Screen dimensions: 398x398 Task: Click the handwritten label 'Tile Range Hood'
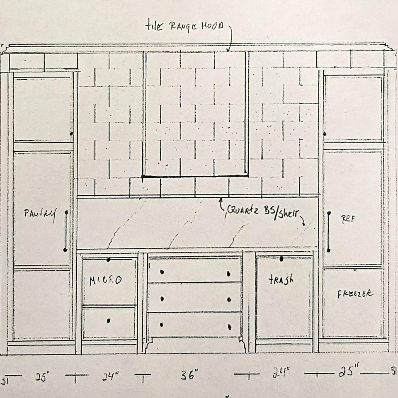coord(184,26)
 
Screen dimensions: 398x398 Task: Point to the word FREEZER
coord(354,294)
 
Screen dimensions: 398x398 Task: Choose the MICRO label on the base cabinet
coord(106,280)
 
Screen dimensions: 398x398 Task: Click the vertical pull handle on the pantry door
coord(66,231)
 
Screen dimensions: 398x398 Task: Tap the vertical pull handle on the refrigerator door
coord(328,232)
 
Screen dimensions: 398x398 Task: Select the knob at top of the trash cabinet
coord(281,259)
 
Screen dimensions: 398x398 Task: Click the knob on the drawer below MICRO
coord(109,320)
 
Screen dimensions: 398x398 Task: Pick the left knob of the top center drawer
coord(162,272)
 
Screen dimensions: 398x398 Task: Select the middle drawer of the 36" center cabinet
coord(194,298)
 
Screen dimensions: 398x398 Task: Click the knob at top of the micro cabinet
coord(108,260)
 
